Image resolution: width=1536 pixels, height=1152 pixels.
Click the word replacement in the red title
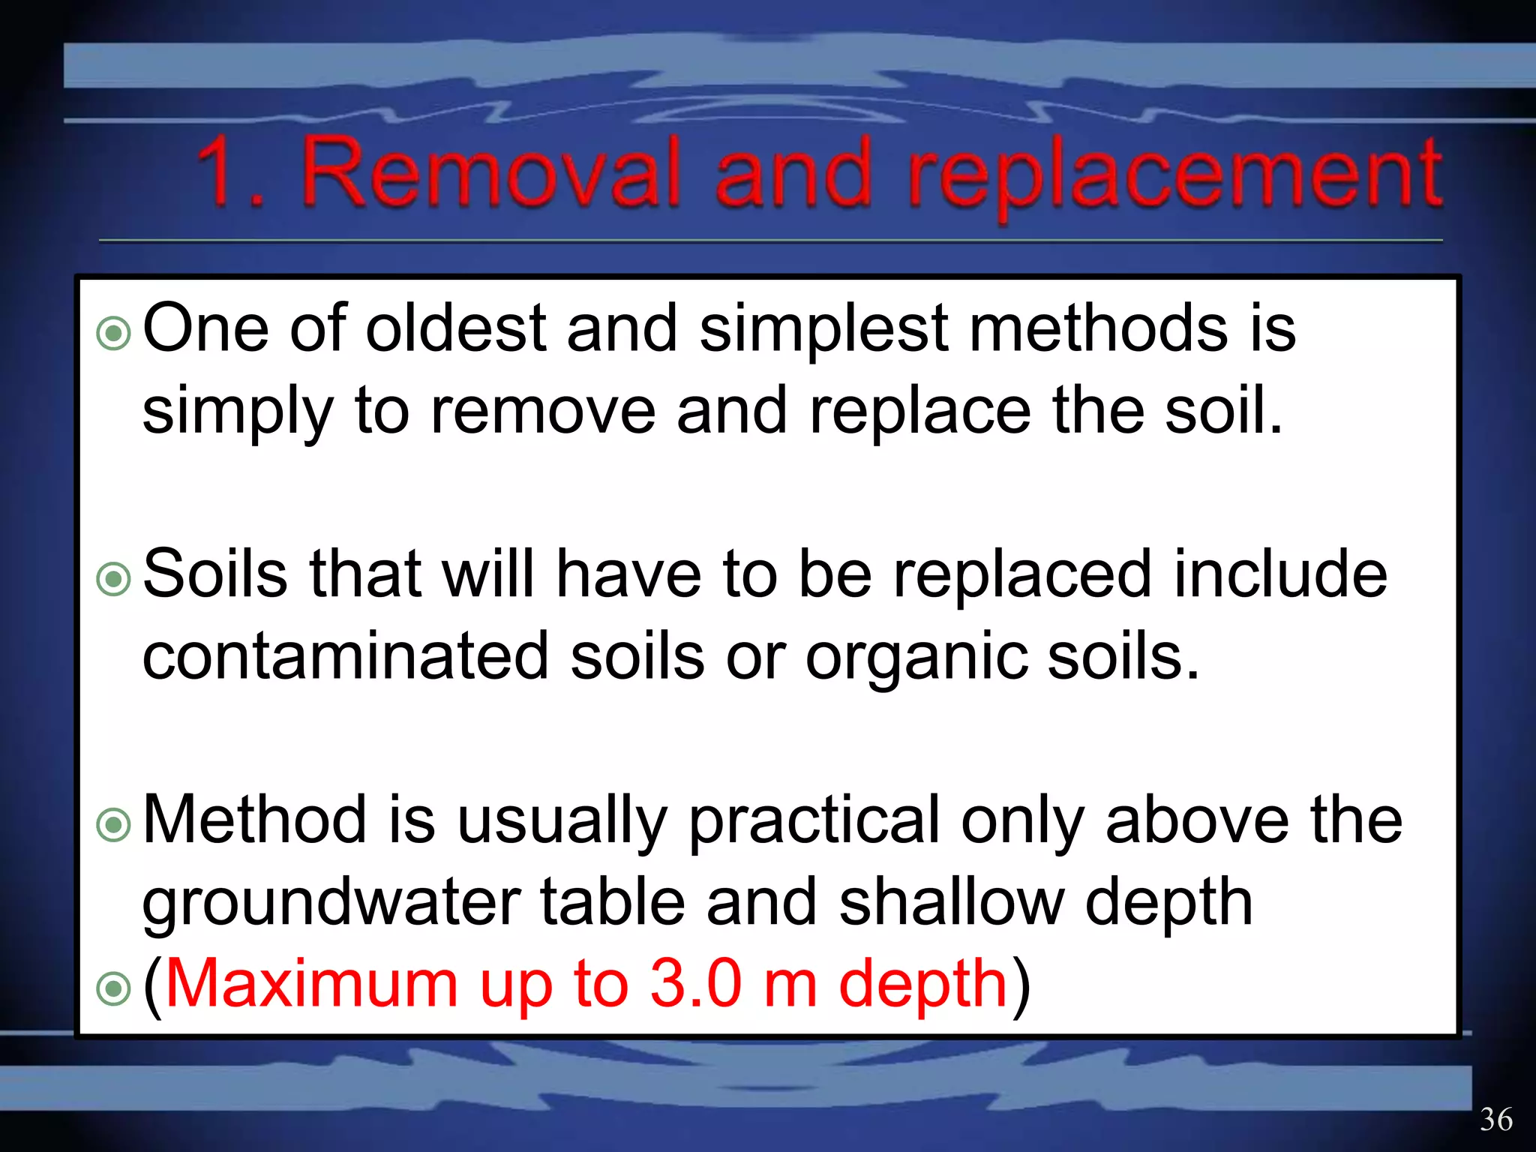[1174, 176]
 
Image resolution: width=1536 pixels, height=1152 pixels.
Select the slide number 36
[1495, 1120]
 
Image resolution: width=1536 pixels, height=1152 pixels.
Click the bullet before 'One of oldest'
[114, 333]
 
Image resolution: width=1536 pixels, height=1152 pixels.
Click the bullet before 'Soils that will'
[114, 579]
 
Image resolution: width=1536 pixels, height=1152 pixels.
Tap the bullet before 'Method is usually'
[114, 825]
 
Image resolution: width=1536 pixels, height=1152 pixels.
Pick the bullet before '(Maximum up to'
[114, 988]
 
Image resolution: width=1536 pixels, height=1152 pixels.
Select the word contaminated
[346, 656]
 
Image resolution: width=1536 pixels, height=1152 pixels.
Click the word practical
[814, 822]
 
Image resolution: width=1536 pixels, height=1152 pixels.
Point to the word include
[1280, 574]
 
